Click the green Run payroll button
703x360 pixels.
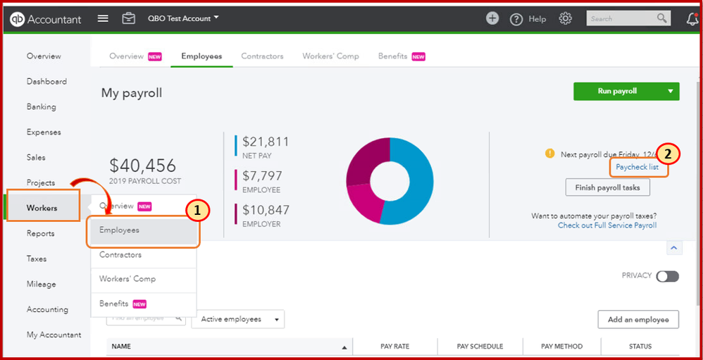coord(618,91)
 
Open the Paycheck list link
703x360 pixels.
coord(637,167)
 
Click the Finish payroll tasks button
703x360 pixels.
coord(607,187)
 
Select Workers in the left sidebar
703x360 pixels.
coord(42,208)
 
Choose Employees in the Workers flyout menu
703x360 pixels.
coord(119,230)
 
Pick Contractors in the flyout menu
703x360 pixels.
coord(120,255)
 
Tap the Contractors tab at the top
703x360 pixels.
coord(262,56)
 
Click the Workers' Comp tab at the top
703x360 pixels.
coord(330,56)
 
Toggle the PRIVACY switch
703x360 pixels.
coord(667,276)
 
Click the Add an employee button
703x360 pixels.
coord(637,319)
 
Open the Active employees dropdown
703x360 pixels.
coord(237,319)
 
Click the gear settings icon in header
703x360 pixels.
coord(565,18)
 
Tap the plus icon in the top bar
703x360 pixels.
coord(492,18)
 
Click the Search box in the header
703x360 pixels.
coord(620,18)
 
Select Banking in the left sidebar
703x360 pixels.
coord(41,107)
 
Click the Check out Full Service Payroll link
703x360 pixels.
coord(606,225)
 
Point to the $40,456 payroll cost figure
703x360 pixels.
coord(142,166)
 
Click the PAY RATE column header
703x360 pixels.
coord(394,347)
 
